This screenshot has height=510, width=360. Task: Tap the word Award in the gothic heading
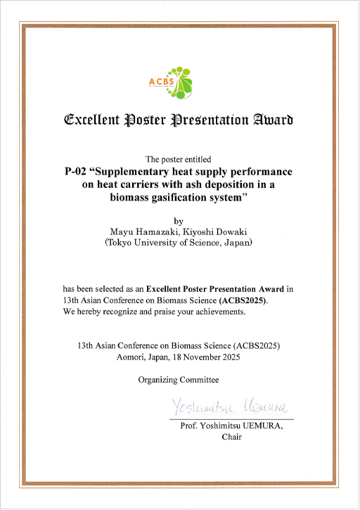point(272,120)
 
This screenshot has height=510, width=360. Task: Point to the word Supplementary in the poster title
point(148,172)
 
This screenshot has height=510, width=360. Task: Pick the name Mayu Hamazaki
point(137,231)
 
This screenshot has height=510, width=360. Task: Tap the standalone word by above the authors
point(178,220)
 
